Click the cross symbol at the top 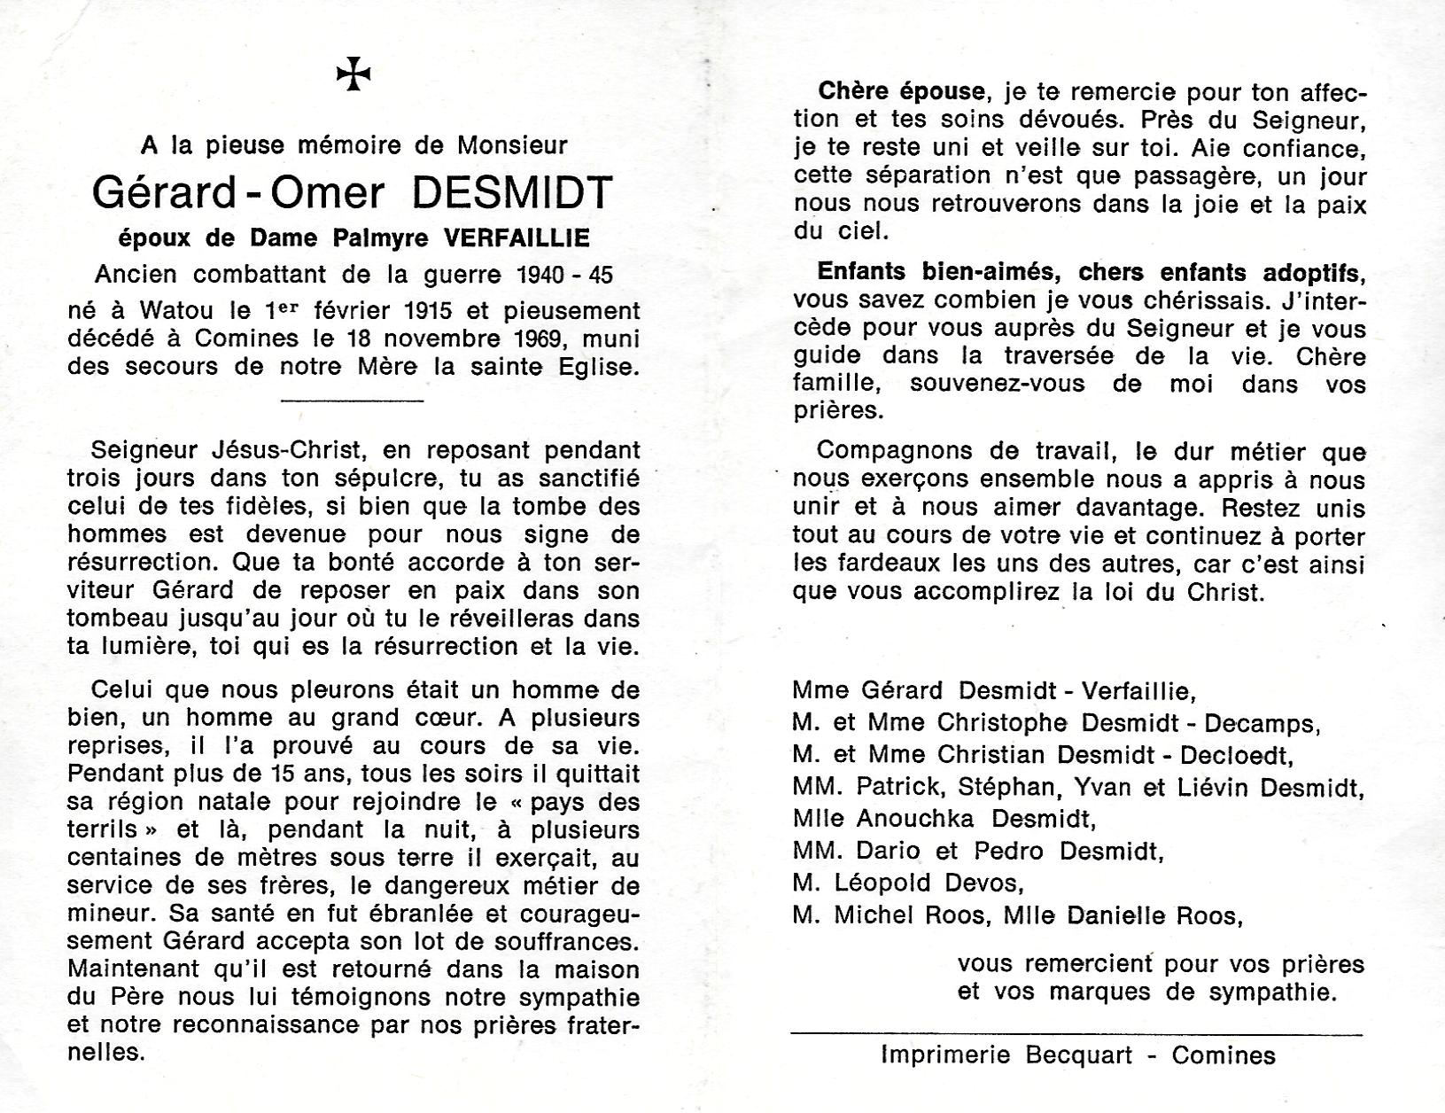(x=353, y=74)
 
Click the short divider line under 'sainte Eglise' (x=353, y=401)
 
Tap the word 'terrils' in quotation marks (x=99, y=830)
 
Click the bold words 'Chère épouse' (x=901, y=91)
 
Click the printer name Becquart (x=1081, y=1055)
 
